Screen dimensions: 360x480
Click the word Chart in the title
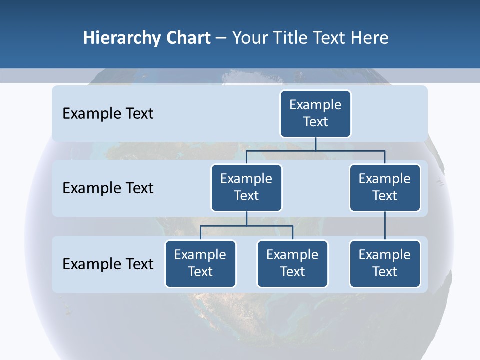[x=188, y=38]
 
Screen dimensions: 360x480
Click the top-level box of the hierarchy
[x=315, y=113]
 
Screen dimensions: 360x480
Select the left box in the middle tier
[x=246, y=187]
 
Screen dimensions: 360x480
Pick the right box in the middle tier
[x=385, y=187]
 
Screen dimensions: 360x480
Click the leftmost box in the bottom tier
[x=200, y=263]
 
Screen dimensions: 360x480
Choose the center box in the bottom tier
[x=292, y=263]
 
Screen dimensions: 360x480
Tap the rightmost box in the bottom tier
[x=385, y=263]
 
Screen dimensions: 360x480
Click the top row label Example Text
[x=108, y=114]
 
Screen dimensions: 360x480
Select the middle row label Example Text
[x=108, y=188]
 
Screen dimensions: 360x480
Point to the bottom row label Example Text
[x=108, y=264]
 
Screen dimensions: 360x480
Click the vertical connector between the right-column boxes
[x=385, y=225]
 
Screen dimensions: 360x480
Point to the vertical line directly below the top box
[x=315, y=144]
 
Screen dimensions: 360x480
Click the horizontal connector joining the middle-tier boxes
[x=315, y=150]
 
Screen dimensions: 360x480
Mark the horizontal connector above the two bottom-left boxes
[x=246, y=226]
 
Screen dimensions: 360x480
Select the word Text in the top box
[x=315, y=122]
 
